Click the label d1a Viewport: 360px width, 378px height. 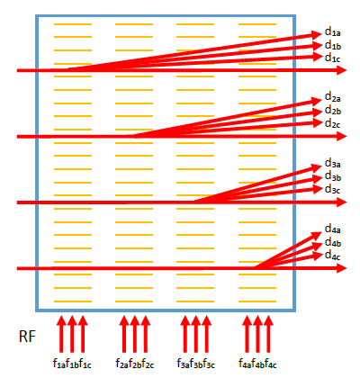pos(333,32)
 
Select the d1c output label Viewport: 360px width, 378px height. pos(333,58)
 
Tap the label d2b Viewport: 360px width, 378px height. pos(333,111)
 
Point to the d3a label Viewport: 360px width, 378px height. pos(333,164)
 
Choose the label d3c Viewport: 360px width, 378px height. pos(333,189)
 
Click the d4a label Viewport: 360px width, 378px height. pos(333,229)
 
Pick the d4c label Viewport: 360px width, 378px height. pos(333,256)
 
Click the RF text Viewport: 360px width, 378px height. pos(27,337)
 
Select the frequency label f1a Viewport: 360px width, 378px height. pos(59,364)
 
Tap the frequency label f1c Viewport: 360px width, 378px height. pos(85,364)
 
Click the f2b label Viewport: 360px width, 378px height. pos(135,364)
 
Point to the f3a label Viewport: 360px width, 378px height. pos(183,364)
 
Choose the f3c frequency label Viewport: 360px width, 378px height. pos(209,364)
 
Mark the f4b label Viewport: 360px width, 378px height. pos(257,364)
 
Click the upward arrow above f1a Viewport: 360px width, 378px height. pos(61,334)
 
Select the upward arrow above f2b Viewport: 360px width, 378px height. pos(135,334)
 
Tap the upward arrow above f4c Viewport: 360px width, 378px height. pos(268,334)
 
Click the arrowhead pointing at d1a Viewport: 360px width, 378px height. pos(317,34)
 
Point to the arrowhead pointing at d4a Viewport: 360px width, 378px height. pos(317,235)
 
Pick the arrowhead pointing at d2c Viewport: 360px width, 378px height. pos(317,122)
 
